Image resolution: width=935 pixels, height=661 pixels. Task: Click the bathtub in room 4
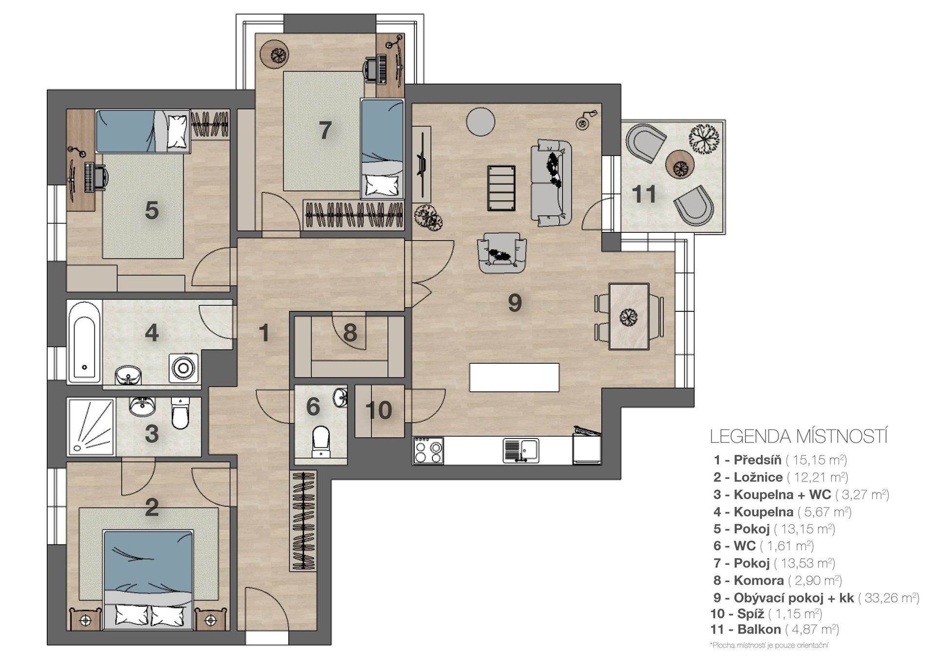click(x=85, y=342)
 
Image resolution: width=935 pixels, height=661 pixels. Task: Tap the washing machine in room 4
click(x=184, y=368)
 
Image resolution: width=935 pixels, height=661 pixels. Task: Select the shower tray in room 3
click(x=92, y=427)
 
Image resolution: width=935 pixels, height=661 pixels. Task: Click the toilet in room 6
click(x=320, y=442)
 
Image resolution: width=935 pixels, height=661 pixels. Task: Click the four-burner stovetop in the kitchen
click(x=428, y=451)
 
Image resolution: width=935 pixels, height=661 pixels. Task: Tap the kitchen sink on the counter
click(x=521, y=451)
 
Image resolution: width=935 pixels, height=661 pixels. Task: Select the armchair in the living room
click(x=502, y=252)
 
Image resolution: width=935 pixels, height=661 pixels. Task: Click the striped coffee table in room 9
click(x=502, y=188)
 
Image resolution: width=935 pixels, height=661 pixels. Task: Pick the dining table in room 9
click(x=629, y=316)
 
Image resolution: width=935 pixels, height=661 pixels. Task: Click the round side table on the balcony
click(x=679, y=164)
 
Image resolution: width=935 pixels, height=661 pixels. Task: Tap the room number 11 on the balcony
click(x=644, y=194)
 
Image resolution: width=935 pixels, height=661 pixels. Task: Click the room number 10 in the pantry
click(x=378, y=410)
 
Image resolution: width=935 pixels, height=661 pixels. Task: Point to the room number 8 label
click(x=350, y=333)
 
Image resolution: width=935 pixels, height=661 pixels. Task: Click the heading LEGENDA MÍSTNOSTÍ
click(x=799, y=436)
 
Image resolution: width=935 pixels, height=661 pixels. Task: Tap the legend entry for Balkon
click(x=774, y=629)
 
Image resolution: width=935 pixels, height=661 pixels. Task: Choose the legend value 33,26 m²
click(x=889, y=598)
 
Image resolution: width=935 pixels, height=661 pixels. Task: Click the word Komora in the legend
click(x=759, y=581)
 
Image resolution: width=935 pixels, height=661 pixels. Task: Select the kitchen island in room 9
click(x=514, y=377)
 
